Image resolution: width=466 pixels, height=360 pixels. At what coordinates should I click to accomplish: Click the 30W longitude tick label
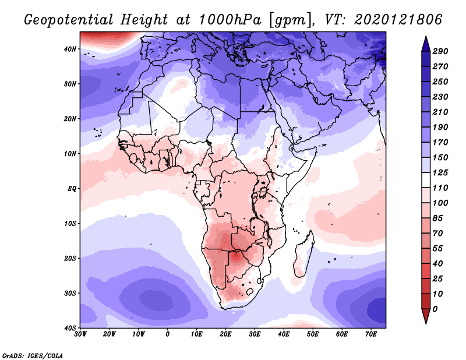80,334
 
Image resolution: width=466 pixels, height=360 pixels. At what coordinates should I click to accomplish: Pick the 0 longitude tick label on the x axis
168,334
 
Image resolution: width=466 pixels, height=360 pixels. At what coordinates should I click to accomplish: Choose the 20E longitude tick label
225,334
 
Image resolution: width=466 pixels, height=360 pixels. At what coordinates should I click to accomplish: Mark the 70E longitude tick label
371,334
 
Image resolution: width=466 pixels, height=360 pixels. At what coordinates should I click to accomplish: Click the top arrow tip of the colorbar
425,37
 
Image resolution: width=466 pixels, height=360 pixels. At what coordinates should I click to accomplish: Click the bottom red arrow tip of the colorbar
425,322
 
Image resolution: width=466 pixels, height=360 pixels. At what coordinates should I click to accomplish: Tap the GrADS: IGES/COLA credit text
32,354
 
